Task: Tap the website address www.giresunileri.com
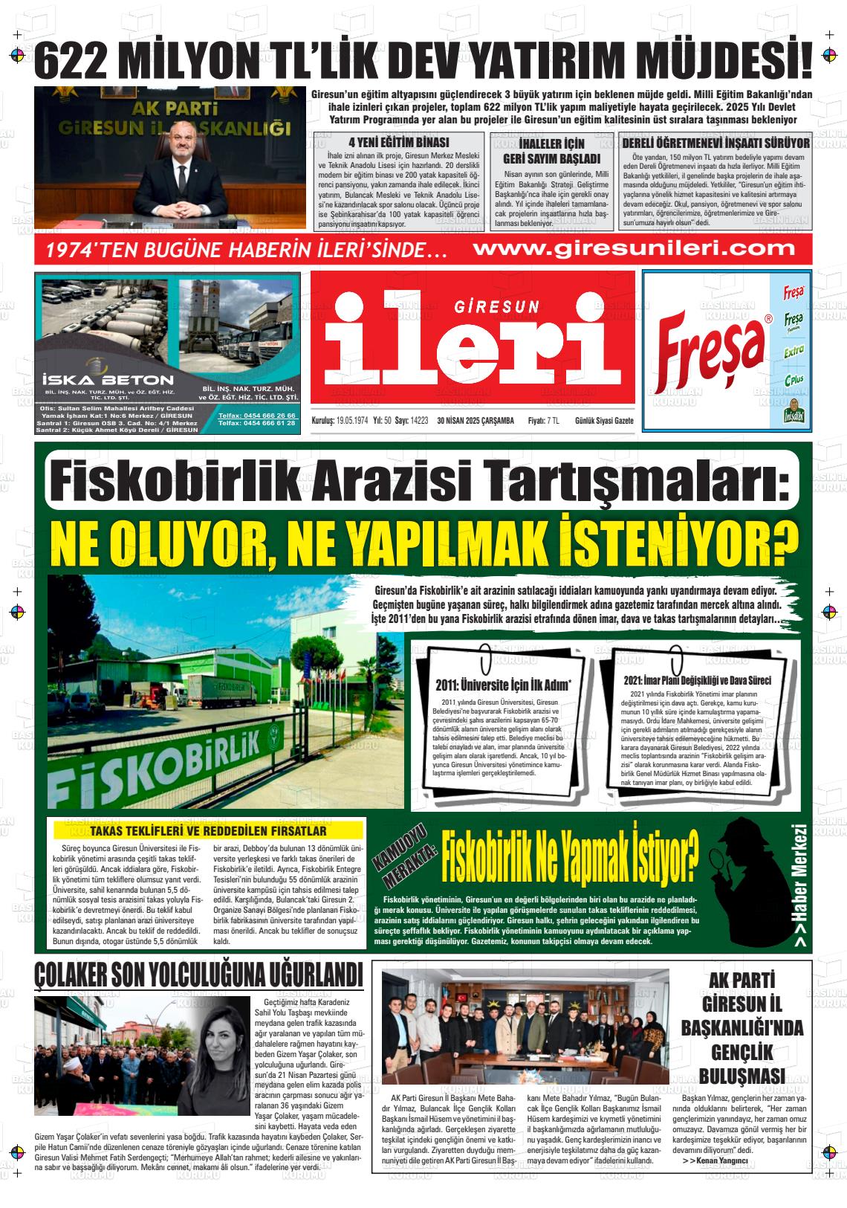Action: [x=633, y=248]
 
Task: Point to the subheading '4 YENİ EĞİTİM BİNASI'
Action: [x=398, y=143]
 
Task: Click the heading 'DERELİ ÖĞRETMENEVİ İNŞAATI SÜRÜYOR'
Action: [x=715, y=142]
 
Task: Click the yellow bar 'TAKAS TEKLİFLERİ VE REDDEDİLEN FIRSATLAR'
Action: [x=208, y=830]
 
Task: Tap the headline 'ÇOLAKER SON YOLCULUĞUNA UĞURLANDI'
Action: [x=199, y=975]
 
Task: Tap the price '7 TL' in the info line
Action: [x=548, y=421]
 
